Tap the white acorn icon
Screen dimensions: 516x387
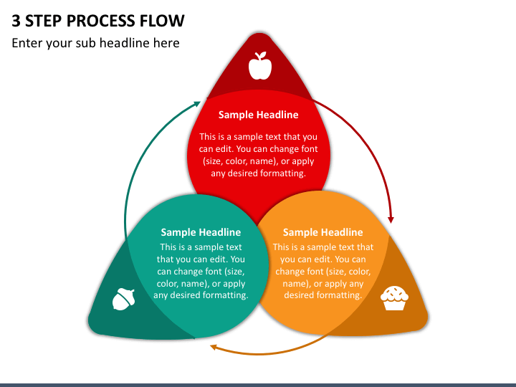(x=123, y=299)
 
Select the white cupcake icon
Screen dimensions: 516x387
(x=394, y=298)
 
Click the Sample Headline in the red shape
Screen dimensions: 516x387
(x=258, y=115)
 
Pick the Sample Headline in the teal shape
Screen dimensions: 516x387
(x=201, y=232)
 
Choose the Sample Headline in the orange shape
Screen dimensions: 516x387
(x=322, y=232)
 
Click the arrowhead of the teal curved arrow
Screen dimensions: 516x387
(x=197, y=104)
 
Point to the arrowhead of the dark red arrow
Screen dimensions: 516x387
(x=391, y=219)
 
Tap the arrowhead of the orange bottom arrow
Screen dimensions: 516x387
(x=214, y=347)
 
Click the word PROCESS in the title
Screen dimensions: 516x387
(x=101, y=21)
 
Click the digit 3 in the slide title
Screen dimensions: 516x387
(x=16, y=21)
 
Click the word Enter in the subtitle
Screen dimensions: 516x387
(x=27, y=43)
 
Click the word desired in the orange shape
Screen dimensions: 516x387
(x=298, y=295)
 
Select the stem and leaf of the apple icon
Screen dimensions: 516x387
(x=262, y=55)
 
